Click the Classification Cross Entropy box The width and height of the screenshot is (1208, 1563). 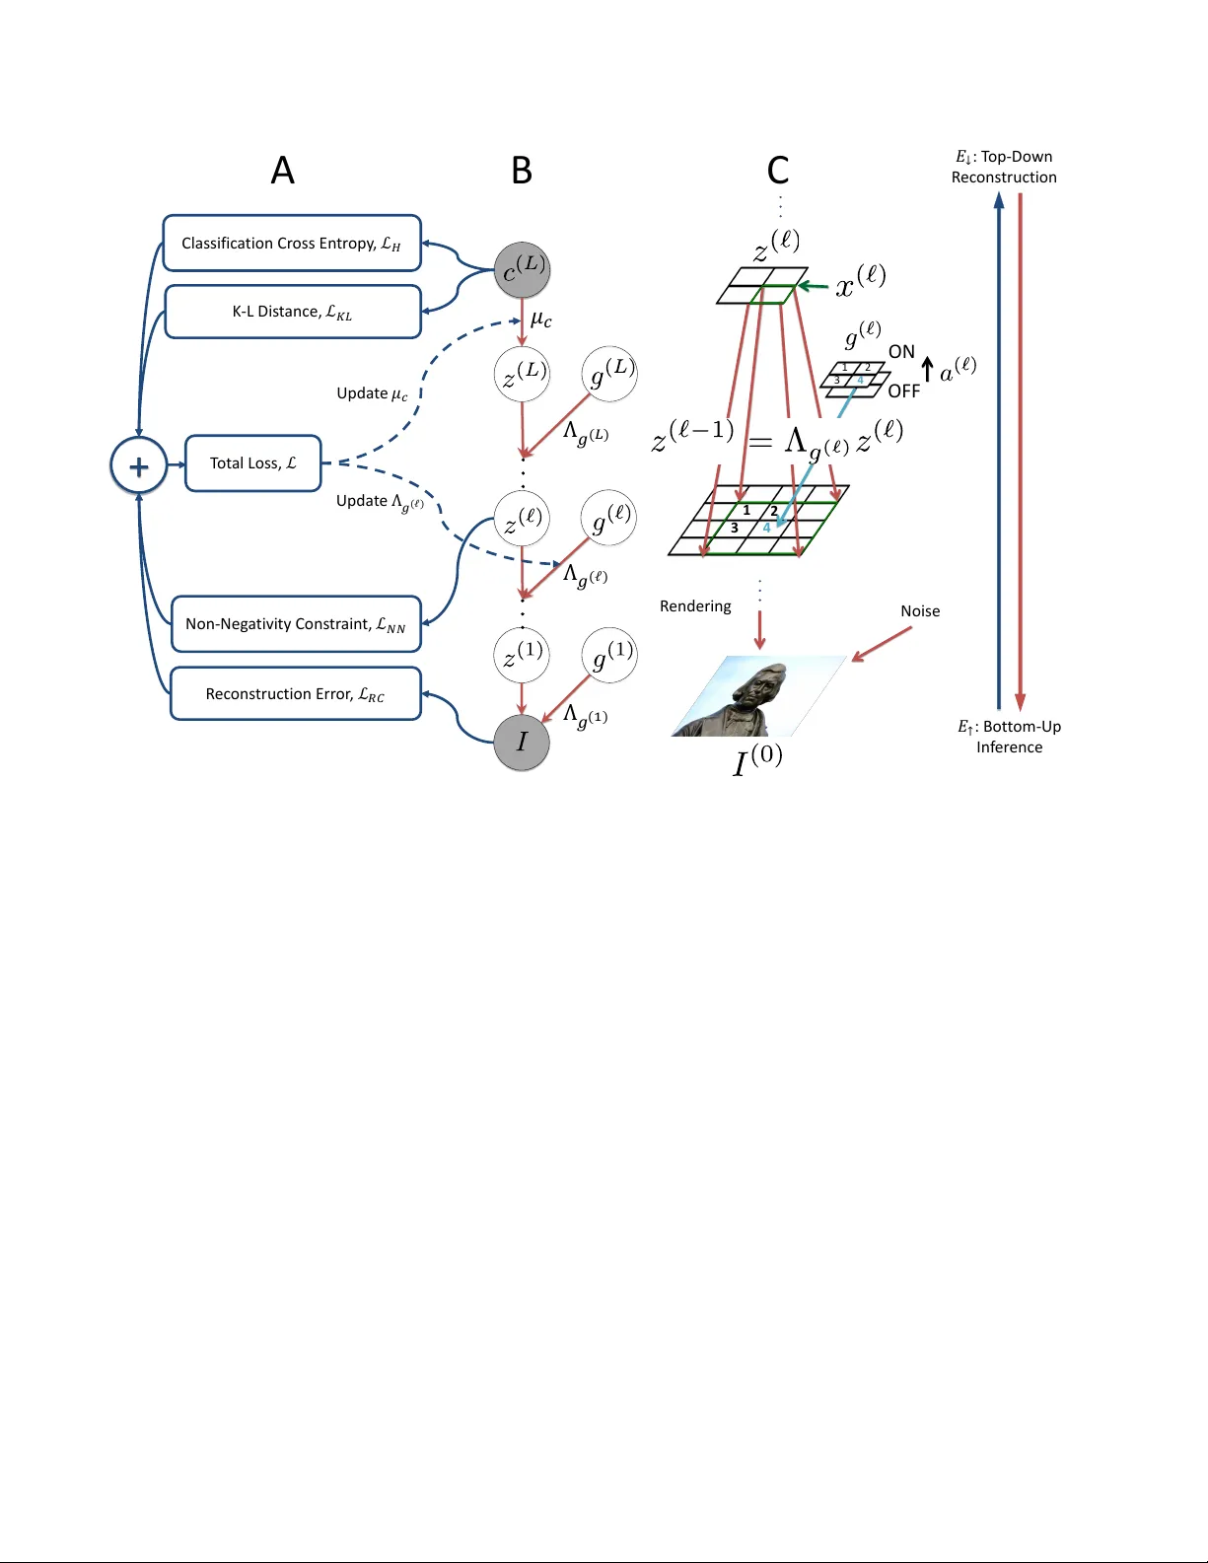(x=292, y=243)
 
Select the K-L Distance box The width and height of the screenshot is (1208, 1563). (x=293, y=312)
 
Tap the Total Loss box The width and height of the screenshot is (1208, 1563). (x=253, y=463)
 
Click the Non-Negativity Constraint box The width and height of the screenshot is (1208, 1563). (x=296, y=624)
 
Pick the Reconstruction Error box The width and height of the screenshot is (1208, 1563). (x=295, y=694)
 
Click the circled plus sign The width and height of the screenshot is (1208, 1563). (x=139, y=465)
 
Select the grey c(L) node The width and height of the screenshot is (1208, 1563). (x=522, y=270)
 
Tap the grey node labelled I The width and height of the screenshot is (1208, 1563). (x=522, y=743)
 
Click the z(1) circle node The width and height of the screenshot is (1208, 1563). (x=522, y=654)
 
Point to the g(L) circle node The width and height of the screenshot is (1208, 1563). (x=609, y=374)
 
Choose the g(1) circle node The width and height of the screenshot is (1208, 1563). (x=609, y=655)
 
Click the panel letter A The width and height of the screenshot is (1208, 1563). (x=283, y=172)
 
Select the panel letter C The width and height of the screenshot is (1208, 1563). (x=778, y=171)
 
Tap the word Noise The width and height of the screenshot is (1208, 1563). (x=920, y=611)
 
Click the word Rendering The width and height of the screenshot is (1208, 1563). (x=695, y=606)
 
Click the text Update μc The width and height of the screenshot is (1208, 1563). (x=372, y=393)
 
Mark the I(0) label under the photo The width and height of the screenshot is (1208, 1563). (x=757, y=760)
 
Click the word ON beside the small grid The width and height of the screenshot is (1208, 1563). (x=901, y=352)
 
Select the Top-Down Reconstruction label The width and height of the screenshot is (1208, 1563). (x=1004, y=167)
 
